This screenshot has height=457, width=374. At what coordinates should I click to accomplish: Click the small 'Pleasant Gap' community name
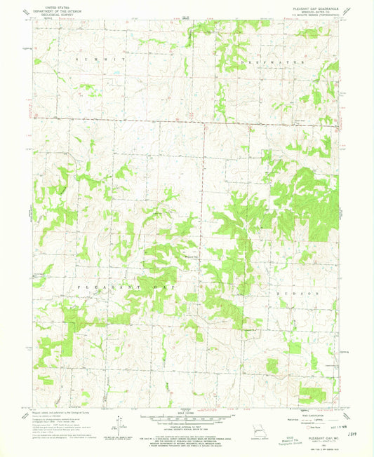click(192, 256)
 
